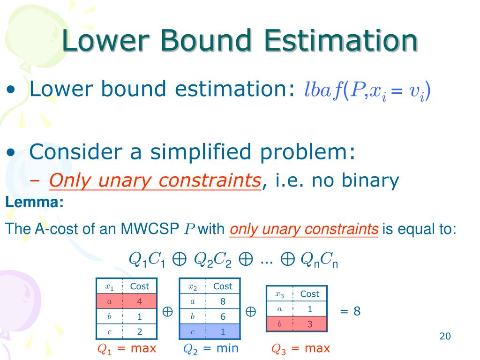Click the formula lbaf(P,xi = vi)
pos(367,90)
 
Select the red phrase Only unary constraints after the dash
pos(155,180)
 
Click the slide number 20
pos(445,336)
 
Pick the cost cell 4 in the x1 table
pos(140,301)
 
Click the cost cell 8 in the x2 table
pos(223,301)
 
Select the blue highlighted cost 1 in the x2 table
pos(223,331)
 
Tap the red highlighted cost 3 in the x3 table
pos(310,324)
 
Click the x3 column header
pos(280,294)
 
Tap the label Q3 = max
pos(300,348)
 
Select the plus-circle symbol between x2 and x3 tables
pos(251,311)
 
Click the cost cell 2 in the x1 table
pos(140,331)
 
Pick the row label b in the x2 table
pos(192,316)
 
